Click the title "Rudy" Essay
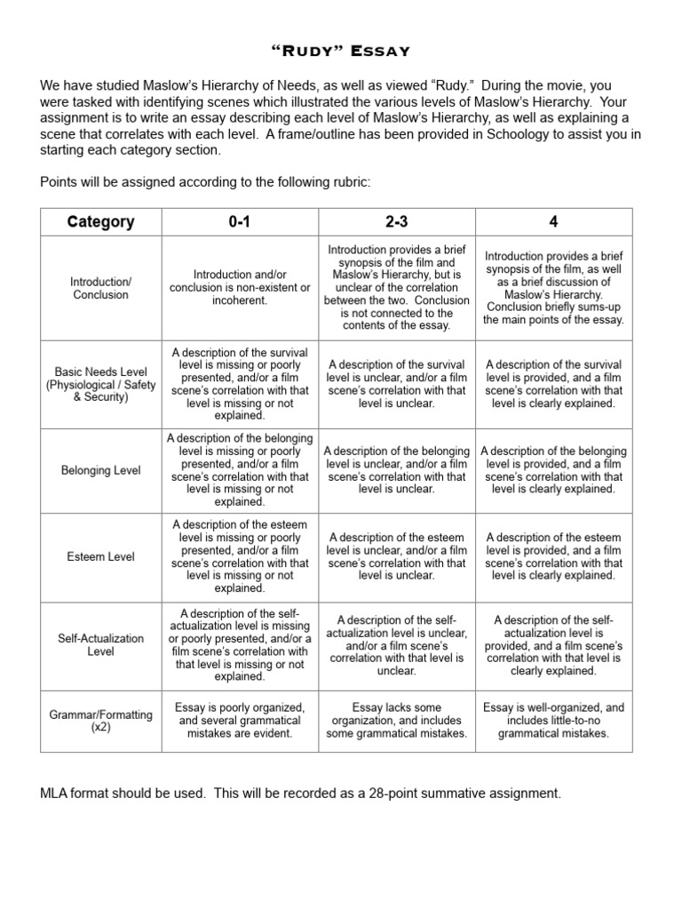coord(340,51)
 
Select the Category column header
coord(100,222)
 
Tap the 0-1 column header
coord(239,222)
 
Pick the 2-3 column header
coord(397,222)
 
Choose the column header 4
coord(554,222)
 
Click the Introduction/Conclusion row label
coord(100,288)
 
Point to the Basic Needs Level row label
coord(100,384)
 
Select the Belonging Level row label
coord(100,470)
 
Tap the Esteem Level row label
coord(100,557)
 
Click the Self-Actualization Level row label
coord(100,644)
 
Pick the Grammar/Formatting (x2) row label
coord(100,721)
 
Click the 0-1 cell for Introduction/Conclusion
coord(239,288)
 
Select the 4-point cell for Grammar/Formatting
coord(554,721)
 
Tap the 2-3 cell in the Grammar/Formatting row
coord(397,721)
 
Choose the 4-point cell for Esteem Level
coord(554,557)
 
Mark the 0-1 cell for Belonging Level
coord(239,470)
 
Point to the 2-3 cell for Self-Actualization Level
coord(397,644)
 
